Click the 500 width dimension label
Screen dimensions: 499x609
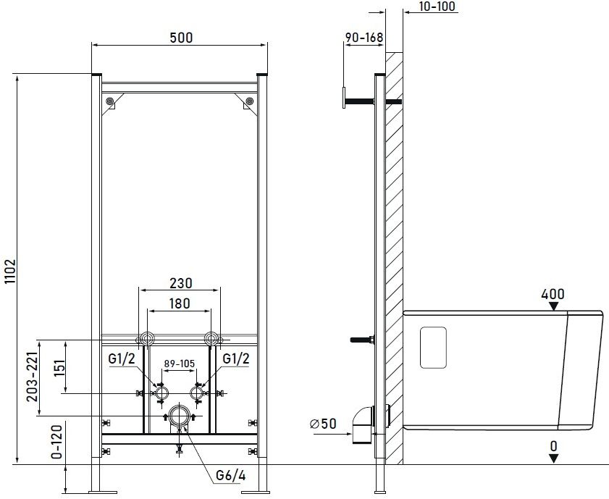(x=181, y=38)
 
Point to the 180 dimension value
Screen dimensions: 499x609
(x=180, y=303)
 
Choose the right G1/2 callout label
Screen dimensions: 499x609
(x=236, y=358)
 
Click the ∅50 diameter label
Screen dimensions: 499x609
(x=323, y=424)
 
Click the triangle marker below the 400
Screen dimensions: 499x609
(x=553, y=306)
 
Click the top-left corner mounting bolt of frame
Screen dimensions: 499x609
(x=109, y=101)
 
